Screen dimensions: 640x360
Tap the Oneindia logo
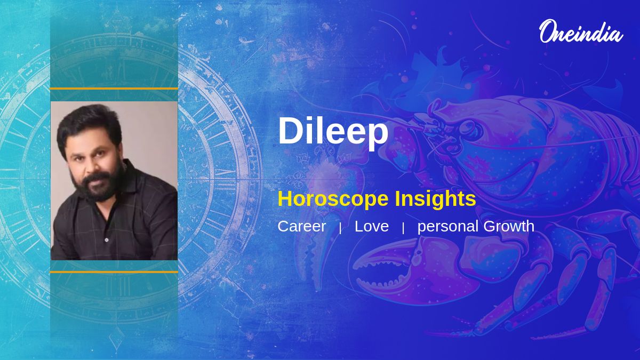(581, 31)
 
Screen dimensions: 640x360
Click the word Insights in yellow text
(435, 198)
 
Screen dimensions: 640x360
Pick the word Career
(302, 226)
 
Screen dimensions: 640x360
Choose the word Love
(372, 226)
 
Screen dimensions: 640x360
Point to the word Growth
(509, 226)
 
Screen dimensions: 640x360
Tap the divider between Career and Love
(340, 228)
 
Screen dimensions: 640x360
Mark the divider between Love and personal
(403, 228)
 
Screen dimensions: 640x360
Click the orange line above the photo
(114, 89)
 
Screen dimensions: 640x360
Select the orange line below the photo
(114, 272)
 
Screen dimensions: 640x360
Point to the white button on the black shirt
(107, 240)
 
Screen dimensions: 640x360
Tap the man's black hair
(89, 126)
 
